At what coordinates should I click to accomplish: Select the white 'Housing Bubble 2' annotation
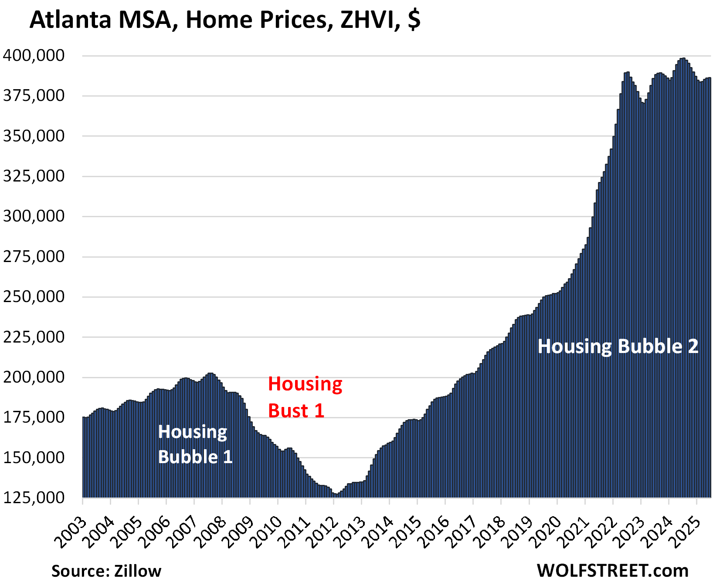click(x=618, y=346)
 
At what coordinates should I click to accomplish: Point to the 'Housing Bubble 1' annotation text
click(x=194, y=444)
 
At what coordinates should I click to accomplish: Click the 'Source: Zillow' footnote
click(x=106, y=571)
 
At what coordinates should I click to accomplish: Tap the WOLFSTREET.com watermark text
click(x=612, y=570)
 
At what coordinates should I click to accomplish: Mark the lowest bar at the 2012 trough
click(x=336, y=496)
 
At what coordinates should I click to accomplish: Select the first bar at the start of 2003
click(x=84, y=457)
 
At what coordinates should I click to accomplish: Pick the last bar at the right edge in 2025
click(x=709, y=287)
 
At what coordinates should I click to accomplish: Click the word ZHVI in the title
click(x=370, y=20)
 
